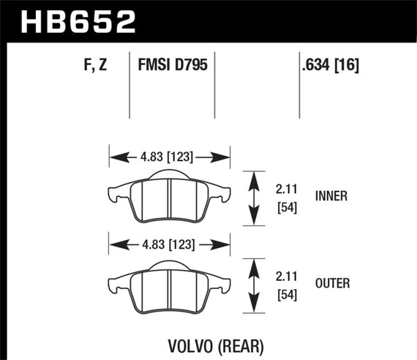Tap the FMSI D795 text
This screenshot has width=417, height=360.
click(172, 66)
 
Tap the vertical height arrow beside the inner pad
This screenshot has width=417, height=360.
click(253, 198)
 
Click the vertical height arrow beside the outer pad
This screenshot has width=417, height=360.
click(253, 285)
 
